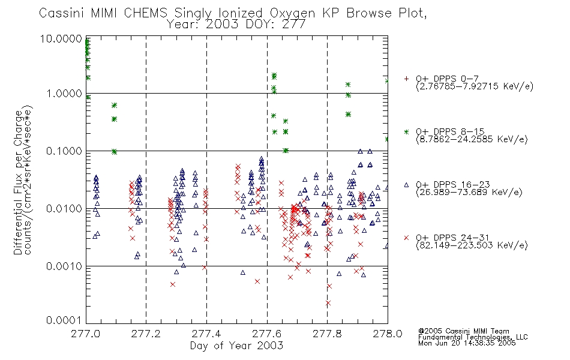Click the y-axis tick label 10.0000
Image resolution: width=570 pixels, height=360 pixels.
[61, 38]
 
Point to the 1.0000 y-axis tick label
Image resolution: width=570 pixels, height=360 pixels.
[64, 94]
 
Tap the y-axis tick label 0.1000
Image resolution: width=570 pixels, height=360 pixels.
[64, 151]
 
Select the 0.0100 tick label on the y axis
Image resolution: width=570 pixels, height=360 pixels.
[64, 209]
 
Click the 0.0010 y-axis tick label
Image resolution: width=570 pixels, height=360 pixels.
[64, 266]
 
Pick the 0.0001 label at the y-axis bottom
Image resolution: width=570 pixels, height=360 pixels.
[64, 320]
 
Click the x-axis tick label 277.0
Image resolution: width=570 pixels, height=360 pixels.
[85, 334]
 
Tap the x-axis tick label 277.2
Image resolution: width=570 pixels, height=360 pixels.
[146, 334]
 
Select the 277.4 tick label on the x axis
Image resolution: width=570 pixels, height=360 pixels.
[206, 334]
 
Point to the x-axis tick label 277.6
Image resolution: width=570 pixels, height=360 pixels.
[266, 334]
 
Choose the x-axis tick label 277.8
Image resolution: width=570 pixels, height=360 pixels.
[327, 334]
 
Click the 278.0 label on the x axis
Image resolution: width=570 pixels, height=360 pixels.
[388, 334]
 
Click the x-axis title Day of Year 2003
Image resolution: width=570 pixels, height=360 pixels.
[236, 346]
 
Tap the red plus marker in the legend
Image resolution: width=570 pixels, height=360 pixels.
[406, 79]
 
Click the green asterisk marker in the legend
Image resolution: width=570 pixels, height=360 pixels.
[406, 131]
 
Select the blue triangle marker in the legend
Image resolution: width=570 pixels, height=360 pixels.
[406, 185]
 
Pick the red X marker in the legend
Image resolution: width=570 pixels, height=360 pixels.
[406, 238]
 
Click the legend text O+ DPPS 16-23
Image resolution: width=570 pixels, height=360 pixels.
[453, 184]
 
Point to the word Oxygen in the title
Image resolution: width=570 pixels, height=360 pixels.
[292, 13]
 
